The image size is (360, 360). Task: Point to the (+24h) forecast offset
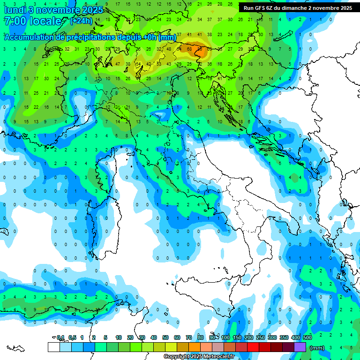point(81,21)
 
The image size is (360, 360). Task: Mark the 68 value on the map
point(189,49)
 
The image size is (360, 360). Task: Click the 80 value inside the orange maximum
point(200,49)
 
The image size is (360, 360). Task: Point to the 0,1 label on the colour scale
point(60,337)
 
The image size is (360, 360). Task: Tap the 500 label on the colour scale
point(307,337)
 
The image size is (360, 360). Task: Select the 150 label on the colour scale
point(237,337)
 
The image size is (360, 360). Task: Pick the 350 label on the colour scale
point(284,337)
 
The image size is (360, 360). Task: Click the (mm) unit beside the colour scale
point(317,348)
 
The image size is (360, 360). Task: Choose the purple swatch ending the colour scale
point(300,347)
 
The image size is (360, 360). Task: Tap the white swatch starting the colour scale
point(53,347)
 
